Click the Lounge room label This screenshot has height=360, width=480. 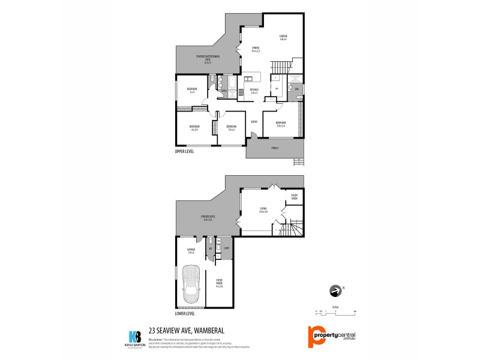[x=283, y=38]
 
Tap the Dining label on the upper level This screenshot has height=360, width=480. [x=256, y=50]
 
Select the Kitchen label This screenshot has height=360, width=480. [x=254, y=91]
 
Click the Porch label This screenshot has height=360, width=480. [x=274, y=148]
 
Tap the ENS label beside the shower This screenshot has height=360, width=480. [x=297, y=89]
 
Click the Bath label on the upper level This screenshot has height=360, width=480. [x=224, y=91]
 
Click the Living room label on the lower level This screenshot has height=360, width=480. [x=263, y=209]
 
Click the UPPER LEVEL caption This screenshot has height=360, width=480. [x=184, y=151]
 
